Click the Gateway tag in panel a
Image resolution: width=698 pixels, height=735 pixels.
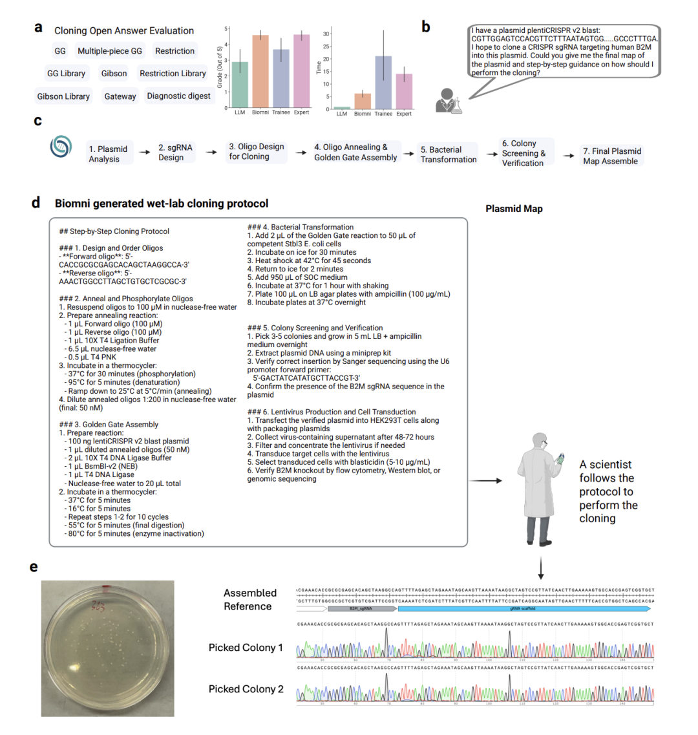click(120, 96)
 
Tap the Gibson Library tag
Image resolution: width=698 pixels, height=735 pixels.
click(63, 96)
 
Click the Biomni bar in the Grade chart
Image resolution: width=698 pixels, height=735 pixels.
click(260, 71)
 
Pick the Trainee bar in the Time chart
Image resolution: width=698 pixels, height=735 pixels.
click(383, 82)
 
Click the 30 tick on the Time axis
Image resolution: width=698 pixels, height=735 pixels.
click(326, 34)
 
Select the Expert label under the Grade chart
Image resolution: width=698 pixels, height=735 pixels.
click(301, 112)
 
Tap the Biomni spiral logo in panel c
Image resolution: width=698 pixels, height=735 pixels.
click(61, 147)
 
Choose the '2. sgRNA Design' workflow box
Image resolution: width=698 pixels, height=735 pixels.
click(175, 153)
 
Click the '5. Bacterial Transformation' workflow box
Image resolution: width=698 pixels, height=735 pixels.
click(448, 154)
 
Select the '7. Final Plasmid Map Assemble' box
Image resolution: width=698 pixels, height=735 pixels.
click(611, 156)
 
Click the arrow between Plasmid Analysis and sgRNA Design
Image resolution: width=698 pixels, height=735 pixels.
click(145, 153)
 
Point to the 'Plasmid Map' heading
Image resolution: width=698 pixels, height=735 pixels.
click(514, 209)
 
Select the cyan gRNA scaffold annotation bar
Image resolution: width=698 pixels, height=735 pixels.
click(523, 608)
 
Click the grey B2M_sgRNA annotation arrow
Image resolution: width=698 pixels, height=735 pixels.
click(362, 608)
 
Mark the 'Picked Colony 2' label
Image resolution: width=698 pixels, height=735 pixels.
click(246, 689)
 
